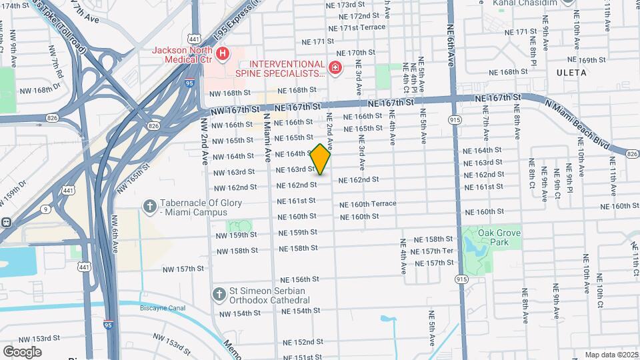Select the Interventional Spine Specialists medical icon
(335, 67)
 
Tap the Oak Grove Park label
(499, 238)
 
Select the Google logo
(22, 351)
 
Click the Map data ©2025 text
(611, 355)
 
